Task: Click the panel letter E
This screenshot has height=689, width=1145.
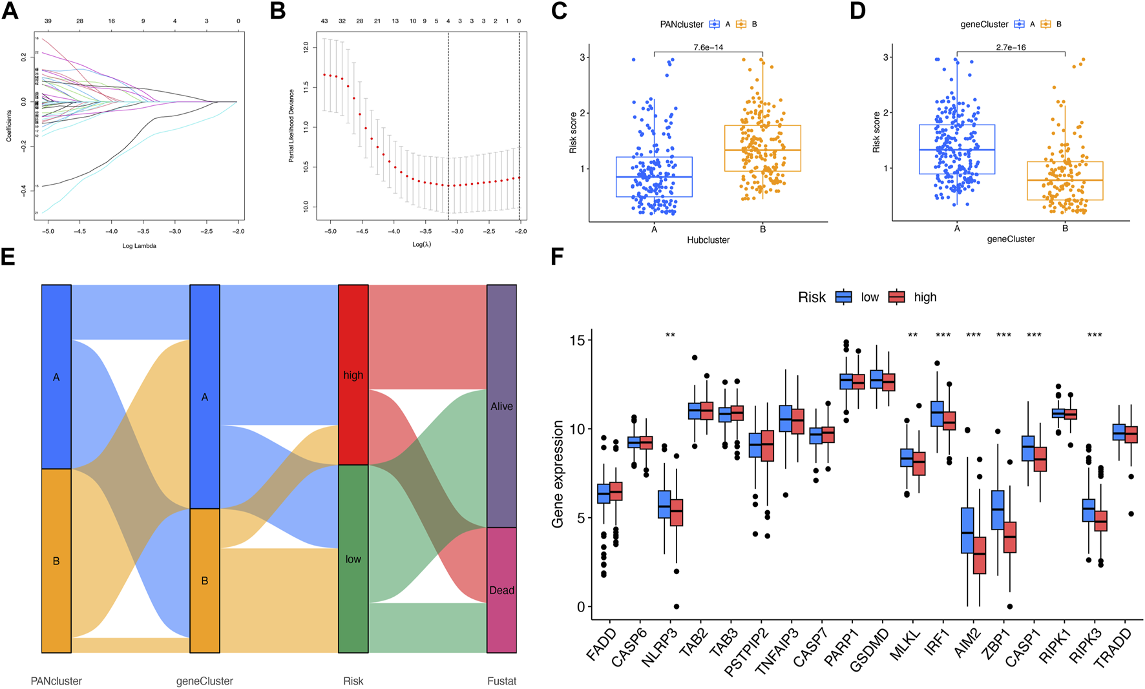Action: pos(9,257)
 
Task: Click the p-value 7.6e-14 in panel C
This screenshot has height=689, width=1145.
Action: pos(708,47)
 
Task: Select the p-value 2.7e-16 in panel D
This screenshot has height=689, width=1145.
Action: pos(1011,47)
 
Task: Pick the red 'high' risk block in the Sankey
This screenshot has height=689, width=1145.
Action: pos(353,375)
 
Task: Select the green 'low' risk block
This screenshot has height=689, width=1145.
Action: pos(353,559)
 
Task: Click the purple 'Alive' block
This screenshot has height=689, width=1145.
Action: pos(501,406)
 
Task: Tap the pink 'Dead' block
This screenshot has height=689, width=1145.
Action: pos(501,590)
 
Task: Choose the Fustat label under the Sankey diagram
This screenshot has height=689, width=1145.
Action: pos(501,681)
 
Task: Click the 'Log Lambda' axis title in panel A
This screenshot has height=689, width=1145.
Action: pos(140,246)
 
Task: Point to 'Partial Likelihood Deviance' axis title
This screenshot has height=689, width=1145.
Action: pos(291,125)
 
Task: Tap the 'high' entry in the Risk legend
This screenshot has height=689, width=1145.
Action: pos(925,297)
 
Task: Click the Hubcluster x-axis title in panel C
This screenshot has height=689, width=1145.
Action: pos(708,240)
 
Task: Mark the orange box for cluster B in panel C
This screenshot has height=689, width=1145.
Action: pos(762,148)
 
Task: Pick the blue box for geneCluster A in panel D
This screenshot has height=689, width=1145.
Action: pos(957,149)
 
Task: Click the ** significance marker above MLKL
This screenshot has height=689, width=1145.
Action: pos(912,335)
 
